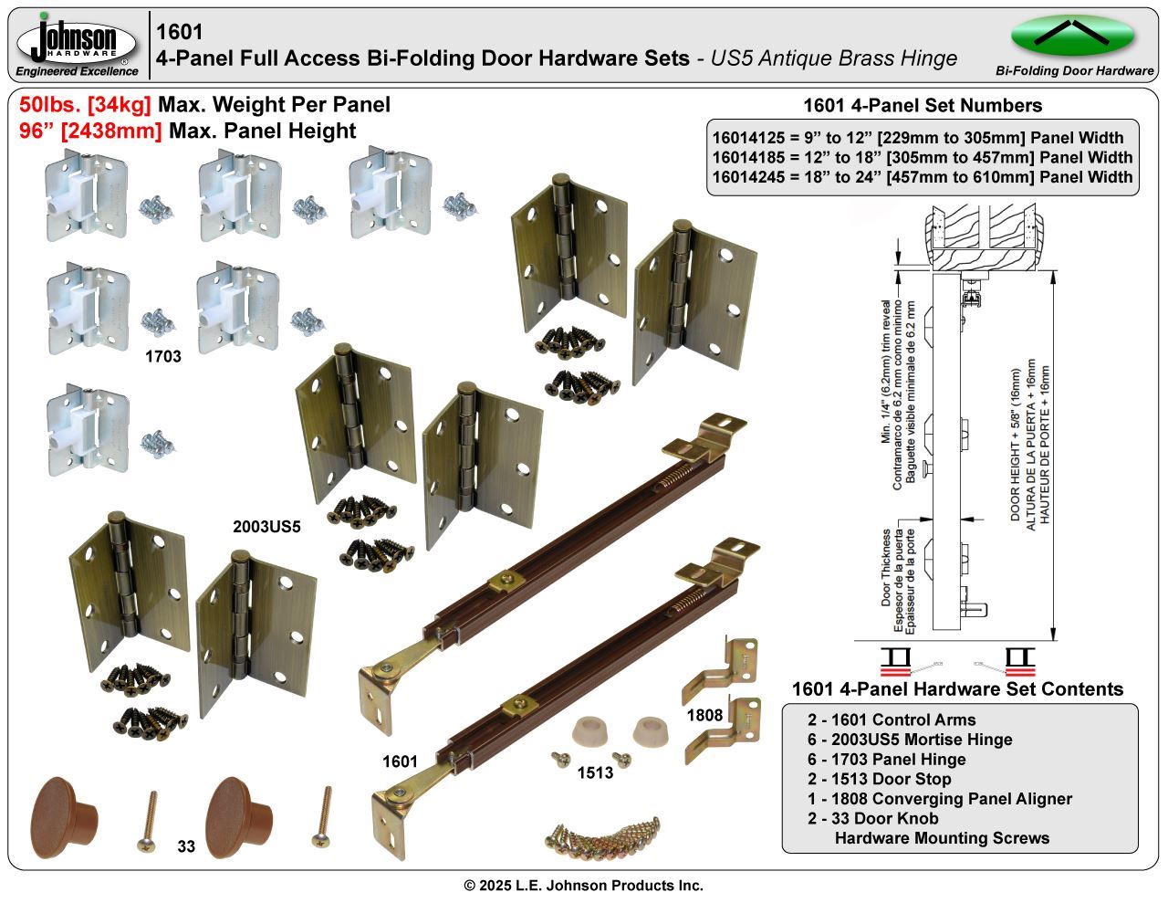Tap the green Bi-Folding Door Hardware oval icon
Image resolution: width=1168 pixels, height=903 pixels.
pyautogui.click(x=1072, y=37)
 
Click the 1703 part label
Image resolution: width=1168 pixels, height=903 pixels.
pyautogui.click(x=163, y=357)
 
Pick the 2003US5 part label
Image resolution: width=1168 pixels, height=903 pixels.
pyautogui.click(x=266, y=527)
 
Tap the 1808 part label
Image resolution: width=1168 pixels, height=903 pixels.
pyautogui.click(x=704, y=715)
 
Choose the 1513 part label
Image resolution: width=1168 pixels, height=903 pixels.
pyautogui.click(x=595, y=773)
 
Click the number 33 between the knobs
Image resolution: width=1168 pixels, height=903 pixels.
pyautogui.click(x=186, y=846)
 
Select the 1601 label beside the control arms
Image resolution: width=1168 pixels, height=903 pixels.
pyautogui.click(x=400, y=761)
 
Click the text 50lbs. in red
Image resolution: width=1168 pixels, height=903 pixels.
pyautogui.click(x=51, y=105)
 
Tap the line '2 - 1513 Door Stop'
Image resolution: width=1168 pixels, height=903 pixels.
pyautogui.click(x=879, y=779)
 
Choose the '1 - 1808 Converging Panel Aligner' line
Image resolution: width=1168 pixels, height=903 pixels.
pyautogui.click(x=939, y=799)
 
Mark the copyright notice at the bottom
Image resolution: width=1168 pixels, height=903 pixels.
pyautogui.click(x=583, y=886)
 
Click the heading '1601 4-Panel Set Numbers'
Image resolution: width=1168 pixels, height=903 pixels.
pyautogui.click(x=922, y=105)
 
